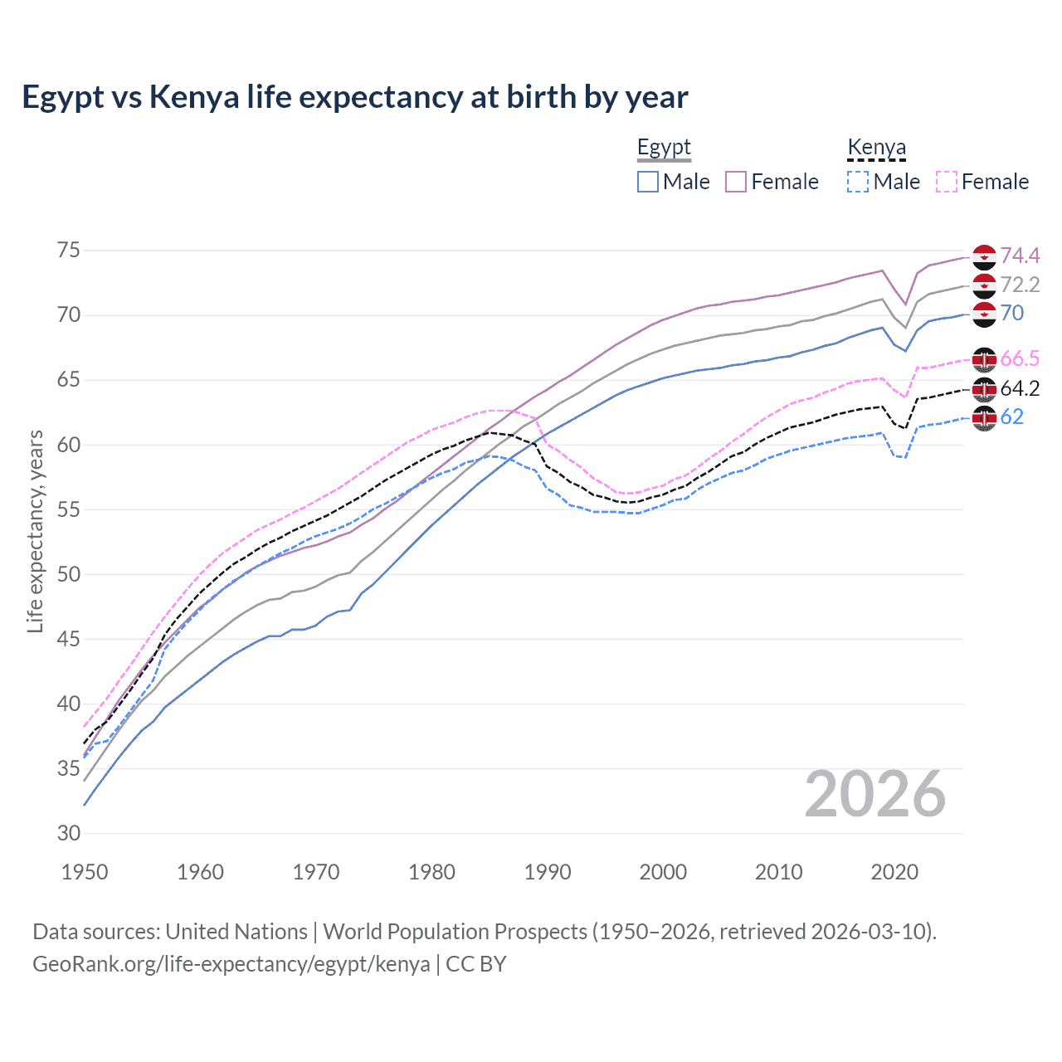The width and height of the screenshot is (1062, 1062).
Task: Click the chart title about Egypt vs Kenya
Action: click(x=354, y=97)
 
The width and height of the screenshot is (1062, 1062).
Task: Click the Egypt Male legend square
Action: click(x=648, y=182)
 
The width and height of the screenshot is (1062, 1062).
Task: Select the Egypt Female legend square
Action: click(x=736, y=182)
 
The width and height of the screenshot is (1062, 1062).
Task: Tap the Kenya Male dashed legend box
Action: click(x=858, y=182)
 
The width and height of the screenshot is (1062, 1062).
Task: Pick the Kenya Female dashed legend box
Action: click(x=947, y=182)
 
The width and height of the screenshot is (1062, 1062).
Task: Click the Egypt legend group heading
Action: click(x=664, y=148)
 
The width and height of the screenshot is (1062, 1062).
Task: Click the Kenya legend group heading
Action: click(x=876, y=148)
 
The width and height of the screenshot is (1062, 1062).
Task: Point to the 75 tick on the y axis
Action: click(x=69, y=251)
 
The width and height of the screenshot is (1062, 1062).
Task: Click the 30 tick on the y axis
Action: click(x=69, y=834)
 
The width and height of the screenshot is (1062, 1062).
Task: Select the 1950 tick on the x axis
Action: click(x=85, y=872)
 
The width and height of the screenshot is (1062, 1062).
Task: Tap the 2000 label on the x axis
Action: click(x=663, y=872)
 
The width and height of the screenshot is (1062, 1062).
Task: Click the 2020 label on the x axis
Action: click(x=894, y=872)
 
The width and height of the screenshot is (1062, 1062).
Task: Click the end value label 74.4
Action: click(x=1020, y=256)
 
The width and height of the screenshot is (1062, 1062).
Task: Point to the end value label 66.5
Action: click(x=1020, y=358)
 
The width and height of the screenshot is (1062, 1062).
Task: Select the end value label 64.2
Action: click(x=1020, y=388)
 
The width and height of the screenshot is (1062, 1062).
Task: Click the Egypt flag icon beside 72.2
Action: click(x=984, y=285)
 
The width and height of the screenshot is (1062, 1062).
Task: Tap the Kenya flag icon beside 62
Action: click(x=984, y=417)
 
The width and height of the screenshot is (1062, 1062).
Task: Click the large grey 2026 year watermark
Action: click(x=875, y=794)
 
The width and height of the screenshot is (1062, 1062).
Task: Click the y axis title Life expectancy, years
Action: click(x=35, y=531)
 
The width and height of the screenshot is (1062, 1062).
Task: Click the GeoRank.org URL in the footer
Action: click(x=231, y=964)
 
